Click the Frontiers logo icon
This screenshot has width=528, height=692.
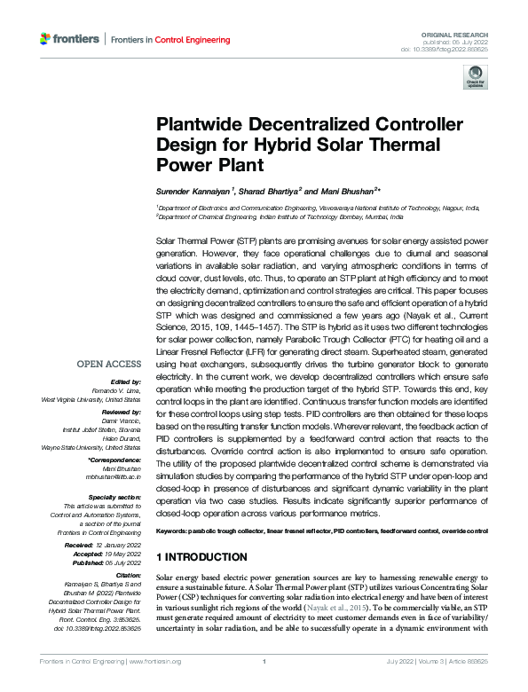pos(47,39)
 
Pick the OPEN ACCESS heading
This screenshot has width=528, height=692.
pos(108,364)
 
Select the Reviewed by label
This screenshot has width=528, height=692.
pos(119,413)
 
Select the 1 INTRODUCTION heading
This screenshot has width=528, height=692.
pos(201,557)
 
